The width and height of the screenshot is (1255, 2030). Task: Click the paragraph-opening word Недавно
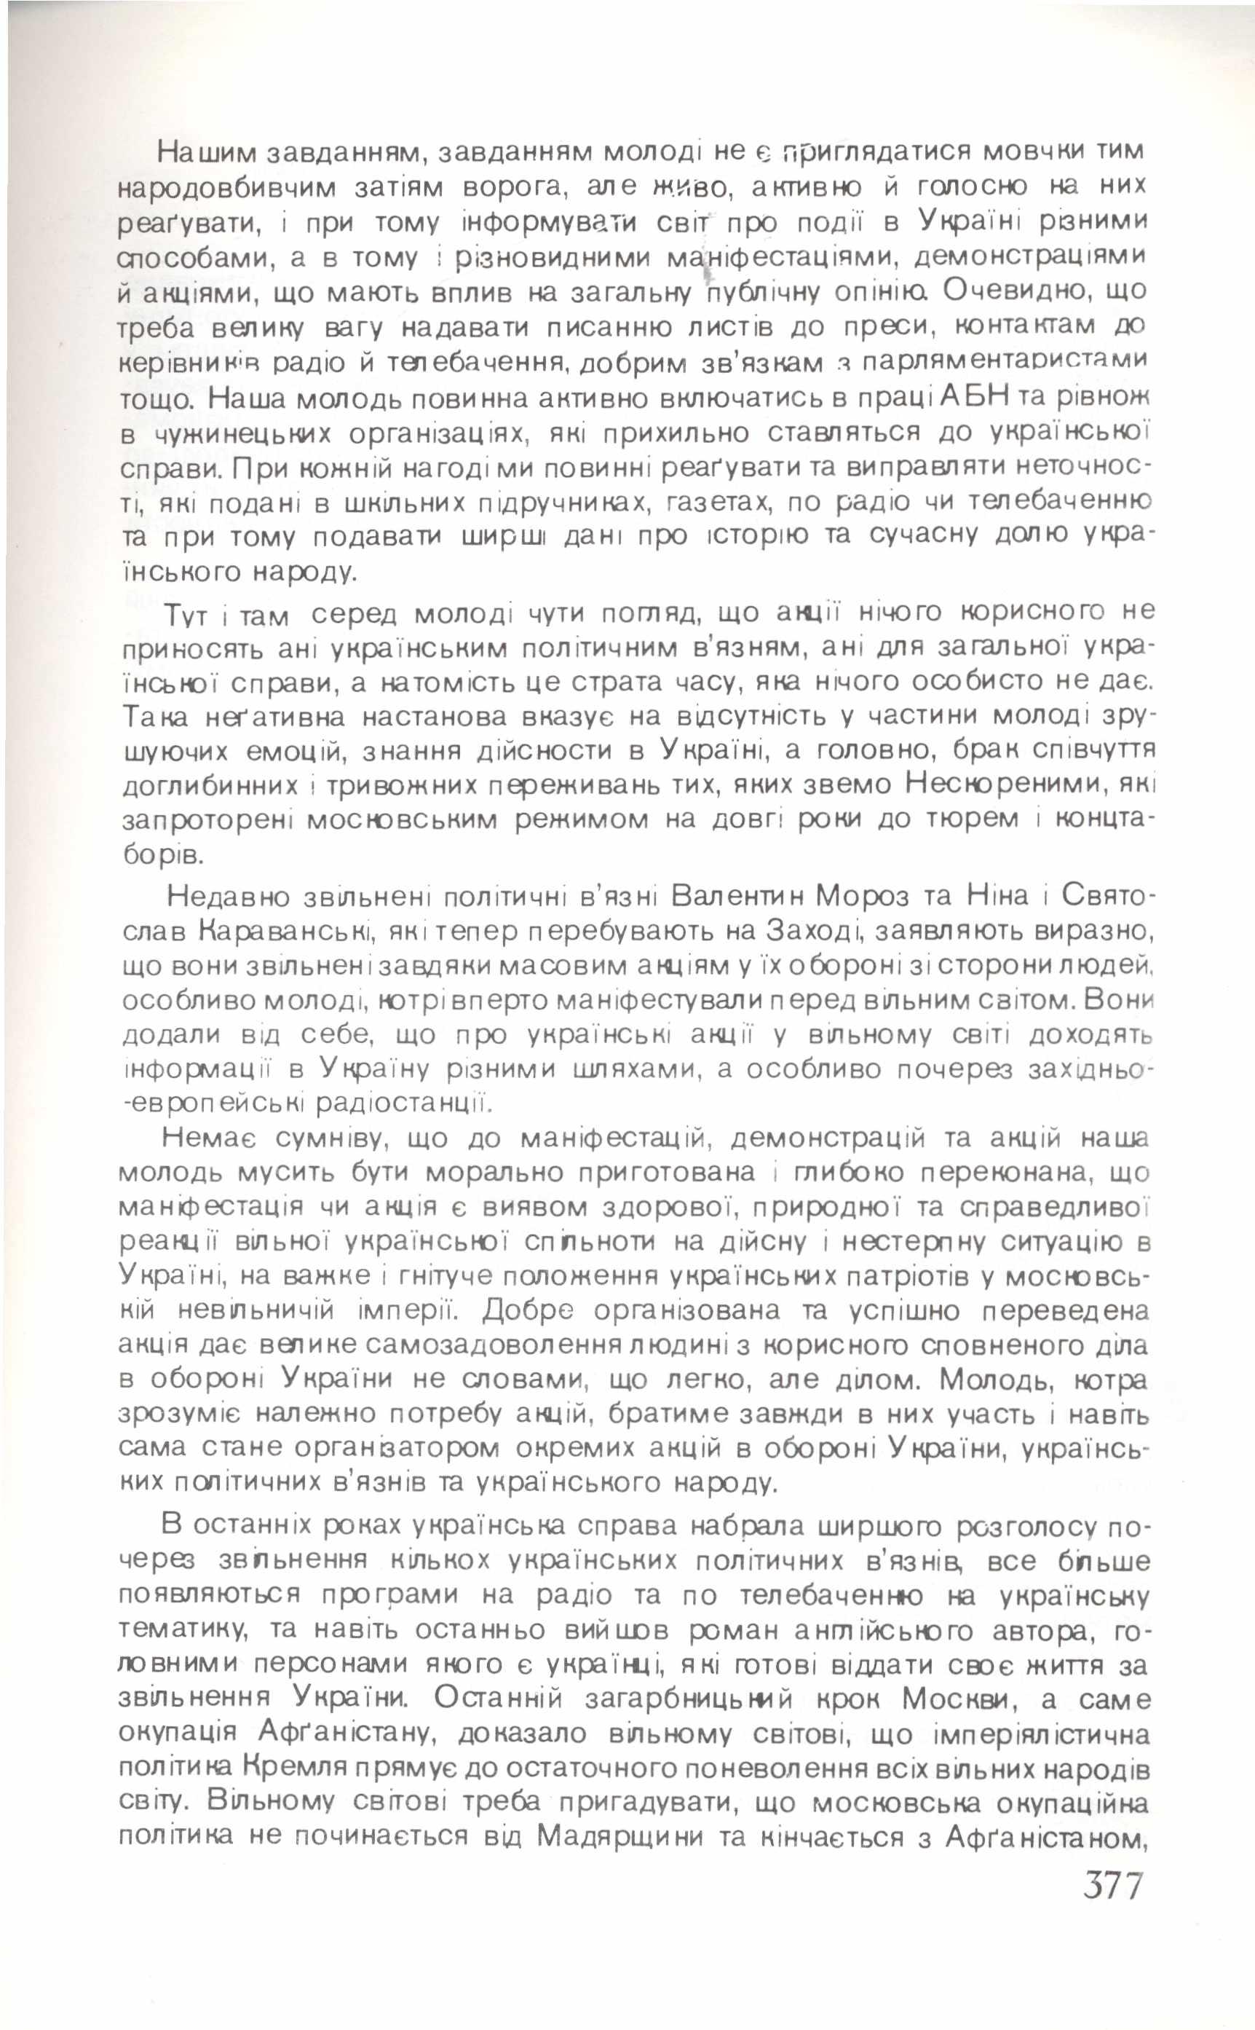pyautogui.click(x=229, y=897)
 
